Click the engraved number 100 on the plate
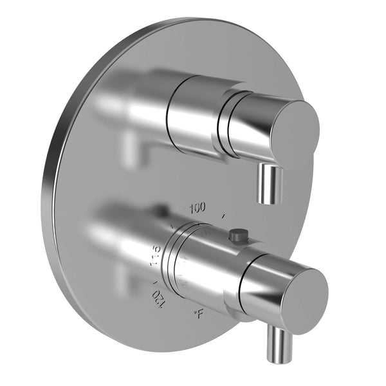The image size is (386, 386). pyautogui.click(x=198, y=207)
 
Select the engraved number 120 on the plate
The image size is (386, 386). pyautogui.click(x=154, y=298)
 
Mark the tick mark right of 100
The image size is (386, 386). pyautogui.click(x=223, y=215)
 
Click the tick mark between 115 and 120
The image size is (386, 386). pyautogui.click(x=154, y=280)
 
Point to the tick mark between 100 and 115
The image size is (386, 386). pyautogui.click(x=172, y=226)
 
